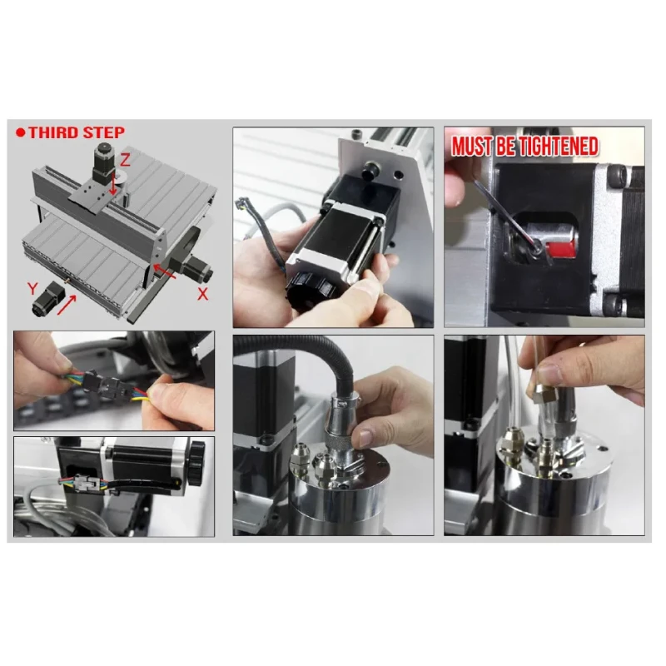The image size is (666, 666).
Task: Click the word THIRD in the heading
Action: pos(54,132)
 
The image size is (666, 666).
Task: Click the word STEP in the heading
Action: pos(104,132)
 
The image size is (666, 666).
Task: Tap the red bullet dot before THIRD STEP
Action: pos(20,132)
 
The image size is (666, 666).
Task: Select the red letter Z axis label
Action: pos(125,160)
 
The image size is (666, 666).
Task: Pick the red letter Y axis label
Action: pos(32,289)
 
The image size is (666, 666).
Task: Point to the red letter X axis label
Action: pos(202,294)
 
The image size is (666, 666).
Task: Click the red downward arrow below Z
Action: pos(113,183)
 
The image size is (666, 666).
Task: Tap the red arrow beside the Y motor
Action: pos(67,305)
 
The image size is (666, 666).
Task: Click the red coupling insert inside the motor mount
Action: pos(560,248)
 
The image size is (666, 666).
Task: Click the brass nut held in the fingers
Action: pos(546,394)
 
